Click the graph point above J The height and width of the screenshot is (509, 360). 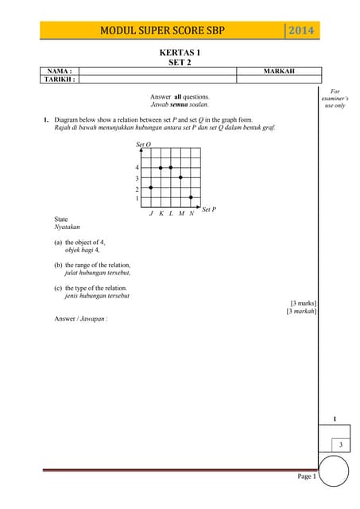(x=151, y=187)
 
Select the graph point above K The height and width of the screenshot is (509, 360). (x=161, y=168)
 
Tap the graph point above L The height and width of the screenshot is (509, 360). (x=171, y=168)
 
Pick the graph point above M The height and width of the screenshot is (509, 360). (x=181, y=177)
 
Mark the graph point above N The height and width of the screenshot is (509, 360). (x=191, y=197)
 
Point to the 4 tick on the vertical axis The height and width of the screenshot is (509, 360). (x=137, y=168)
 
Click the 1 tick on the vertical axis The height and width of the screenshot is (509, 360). (x=137, y=198)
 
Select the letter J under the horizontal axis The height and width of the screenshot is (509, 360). (x=151, y=213)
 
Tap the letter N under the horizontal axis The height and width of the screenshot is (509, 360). (x=192, y=213)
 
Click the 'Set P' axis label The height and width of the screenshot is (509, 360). (x=209, y=209)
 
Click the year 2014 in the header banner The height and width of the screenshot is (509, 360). (x=301, y=31)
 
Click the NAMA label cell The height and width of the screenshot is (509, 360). (x=60, y=71)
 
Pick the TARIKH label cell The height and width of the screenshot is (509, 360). (x=60, y=80)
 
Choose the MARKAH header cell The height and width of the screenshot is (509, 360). (x=278, y=71)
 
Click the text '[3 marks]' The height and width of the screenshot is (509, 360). (x=303, y=303)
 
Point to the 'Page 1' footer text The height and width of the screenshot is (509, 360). (x=307, y=476)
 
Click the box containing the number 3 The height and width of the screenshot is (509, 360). (x=341, y=444)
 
